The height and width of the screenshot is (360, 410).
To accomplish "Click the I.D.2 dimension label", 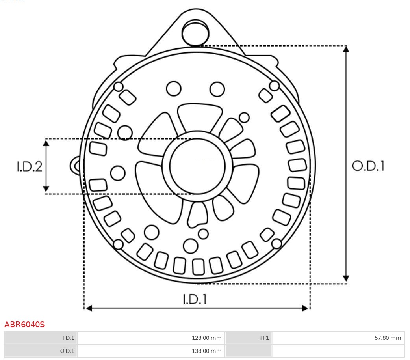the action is coord(29,166).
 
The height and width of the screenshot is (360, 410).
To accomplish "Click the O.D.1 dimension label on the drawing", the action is coord(368,166).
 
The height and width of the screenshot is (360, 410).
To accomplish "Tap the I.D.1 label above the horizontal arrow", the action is coord(195,299).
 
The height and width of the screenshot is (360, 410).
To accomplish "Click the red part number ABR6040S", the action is coord(24,325).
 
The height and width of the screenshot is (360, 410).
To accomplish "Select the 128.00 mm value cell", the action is coord(151,338).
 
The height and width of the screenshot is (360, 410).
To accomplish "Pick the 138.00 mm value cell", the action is coord(151,351).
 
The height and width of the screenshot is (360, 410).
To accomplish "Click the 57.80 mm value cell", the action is coord(338,338).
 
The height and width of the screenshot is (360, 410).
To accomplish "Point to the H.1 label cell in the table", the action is coord(248,338).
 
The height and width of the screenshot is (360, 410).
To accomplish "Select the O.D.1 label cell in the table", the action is coord(41,351).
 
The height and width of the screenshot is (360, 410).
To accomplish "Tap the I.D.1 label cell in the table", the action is coord(41,338).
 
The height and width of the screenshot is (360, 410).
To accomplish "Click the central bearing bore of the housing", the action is coord(197,166).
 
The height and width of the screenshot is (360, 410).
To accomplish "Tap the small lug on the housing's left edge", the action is coord(76,166).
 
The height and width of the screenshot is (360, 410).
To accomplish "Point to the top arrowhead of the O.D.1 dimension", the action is coord(346,49).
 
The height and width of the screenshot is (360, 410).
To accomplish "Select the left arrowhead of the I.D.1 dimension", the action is coord(89,308).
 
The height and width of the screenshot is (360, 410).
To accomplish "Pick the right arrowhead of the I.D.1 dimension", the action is coord(305,308).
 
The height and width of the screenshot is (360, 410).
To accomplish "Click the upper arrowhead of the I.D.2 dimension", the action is coord(46,143).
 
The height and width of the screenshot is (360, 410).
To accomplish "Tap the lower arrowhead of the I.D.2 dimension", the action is coord(46,189).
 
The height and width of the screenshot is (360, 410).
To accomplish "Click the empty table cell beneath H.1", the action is coord(248,351).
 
